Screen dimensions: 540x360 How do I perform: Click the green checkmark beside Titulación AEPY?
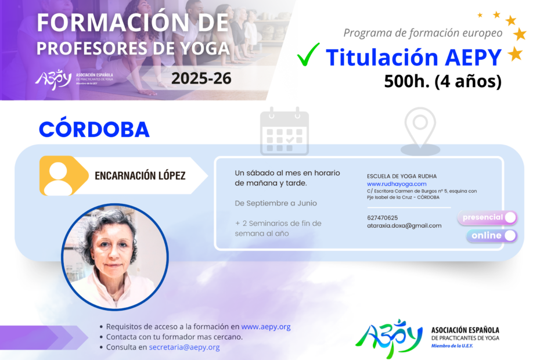(x=308, y=55)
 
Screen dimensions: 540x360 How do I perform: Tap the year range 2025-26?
(x=201, y=78)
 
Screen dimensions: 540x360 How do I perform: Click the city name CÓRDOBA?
(x=94, y=129)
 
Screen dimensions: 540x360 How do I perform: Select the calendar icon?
(x=285, y=131)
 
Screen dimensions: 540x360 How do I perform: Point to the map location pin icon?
(x=420, y=131)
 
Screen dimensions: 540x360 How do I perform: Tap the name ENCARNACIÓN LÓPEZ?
(x=140, y=176)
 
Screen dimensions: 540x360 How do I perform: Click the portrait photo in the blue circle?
(x=115, y=257)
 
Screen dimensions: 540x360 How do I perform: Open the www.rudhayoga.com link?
(x=397, y=184)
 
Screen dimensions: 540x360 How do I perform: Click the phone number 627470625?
(x=382, y=218)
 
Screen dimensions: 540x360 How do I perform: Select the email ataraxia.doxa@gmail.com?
(x=404, y=226)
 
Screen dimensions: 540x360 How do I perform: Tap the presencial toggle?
(x=487, y=218)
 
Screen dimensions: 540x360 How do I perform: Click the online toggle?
(x=492, y=236)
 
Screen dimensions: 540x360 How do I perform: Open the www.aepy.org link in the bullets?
(x=266, y=326)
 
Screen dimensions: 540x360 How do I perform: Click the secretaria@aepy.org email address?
(x=184, y=347)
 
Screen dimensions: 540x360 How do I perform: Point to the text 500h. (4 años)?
(x=442, y=81)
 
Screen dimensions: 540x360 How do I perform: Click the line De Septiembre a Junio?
(x=275, y=203)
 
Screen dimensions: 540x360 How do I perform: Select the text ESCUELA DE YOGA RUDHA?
(x=402, y=177)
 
